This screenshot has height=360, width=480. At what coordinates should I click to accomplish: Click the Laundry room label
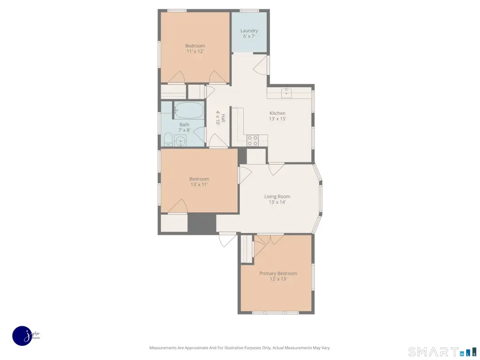[249, 30]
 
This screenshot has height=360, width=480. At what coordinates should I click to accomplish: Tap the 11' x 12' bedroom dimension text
[195, 51]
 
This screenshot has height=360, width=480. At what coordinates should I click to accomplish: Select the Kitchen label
[277, 113]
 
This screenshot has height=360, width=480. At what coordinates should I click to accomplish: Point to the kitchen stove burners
[253, 141]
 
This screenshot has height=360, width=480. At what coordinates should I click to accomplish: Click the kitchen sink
[286, 93]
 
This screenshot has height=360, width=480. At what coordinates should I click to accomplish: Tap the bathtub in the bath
[189, 111]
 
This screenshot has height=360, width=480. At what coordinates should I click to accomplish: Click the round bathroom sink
[180, 141]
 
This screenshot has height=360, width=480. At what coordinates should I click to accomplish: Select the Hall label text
[224, 118]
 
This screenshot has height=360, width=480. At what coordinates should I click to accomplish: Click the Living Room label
[277, 196]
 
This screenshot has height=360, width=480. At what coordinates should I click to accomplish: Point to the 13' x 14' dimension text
[277, 202]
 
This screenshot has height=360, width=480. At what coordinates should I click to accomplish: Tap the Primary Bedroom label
[278, 273]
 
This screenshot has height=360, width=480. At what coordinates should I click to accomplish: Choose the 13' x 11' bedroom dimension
[199, 184]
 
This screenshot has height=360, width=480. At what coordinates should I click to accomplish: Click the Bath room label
[184, 125]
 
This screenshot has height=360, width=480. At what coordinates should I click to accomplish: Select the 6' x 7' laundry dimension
[249, 36]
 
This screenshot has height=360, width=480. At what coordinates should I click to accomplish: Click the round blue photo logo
[22, 336]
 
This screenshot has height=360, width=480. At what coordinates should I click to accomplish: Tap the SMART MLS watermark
[442, 352]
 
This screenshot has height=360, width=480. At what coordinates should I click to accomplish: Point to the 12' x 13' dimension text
[278, 279]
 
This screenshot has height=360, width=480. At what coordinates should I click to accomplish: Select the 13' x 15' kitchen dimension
[277, 119]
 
